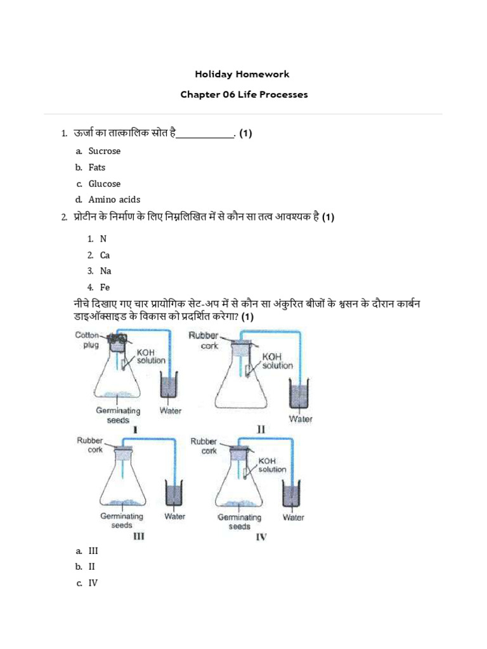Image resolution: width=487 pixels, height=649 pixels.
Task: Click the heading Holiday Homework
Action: (x=243, y=74)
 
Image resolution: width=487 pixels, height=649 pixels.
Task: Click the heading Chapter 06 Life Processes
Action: (x=243, y=94)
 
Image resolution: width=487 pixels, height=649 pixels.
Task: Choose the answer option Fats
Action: (x=97, y=167)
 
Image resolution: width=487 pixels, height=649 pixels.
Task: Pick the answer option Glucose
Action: (x=104, y=184)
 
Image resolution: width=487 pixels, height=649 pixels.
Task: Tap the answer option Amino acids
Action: (x=114, y=200)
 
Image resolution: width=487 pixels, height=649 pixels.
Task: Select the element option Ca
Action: (x=105, y=255)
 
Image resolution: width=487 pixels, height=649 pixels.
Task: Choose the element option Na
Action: (x=105, y=271)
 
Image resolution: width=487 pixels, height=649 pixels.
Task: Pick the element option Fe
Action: (x=105, y=287)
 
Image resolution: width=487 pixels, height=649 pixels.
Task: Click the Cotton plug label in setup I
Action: (x=88, y=340)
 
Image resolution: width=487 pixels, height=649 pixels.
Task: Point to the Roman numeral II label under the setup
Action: (x=261, y=430)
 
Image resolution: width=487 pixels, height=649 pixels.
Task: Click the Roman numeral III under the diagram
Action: (x=138, y=536)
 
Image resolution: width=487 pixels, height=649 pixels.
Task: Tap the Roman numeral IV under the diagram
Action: (x=261, y=537)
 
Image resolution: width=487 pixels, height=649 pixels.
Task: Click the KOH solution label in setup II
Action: (x=277, y=361)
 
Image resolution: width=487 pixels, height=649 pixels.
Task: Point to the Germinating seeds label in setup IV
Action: (x=239, y=522)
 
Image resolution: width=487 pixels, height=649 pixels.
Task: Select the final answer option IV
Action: (x=93, y=583)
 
